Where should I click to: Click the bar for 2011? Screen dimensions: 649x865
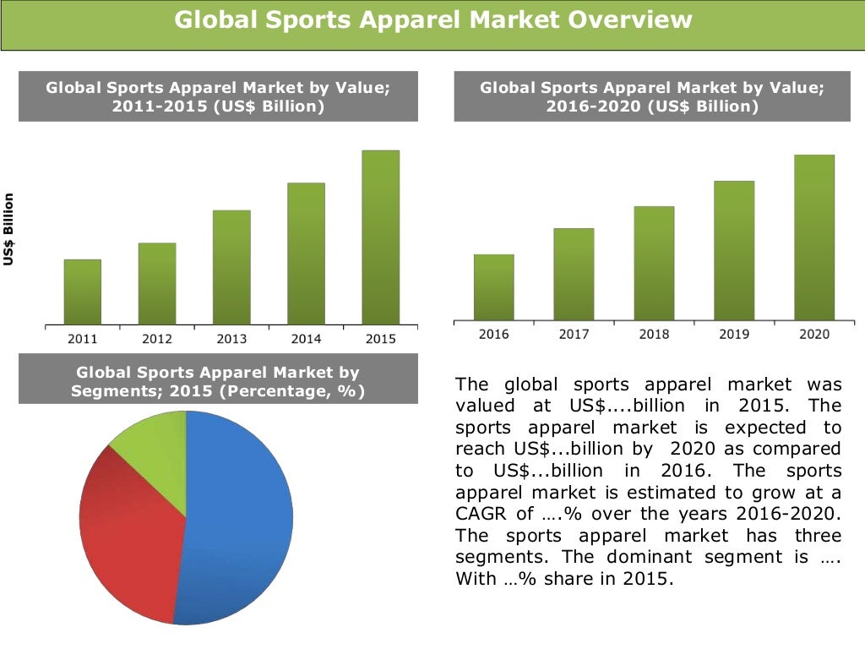point(83,292)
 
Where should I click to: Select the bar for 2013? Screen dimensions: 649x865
point(231,267)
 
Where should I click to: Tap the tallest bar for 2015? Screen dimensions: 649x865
point(380,237)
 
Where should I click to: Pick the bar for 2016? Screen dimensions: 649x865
point(493,287)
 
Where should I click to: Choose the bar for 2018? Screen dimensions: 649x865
point(654,263)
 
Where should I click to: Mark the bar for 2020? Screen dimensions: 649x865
point(814,237)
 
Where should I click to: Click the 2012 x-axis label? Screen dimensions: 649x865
point(157,339)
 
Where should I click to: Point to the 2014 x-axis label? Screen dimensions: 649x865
point(306,339)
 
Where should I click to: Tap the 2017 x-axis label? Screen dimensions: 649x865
point(574,335)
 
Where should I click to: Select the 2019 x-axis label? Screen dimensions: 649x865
point(734,335)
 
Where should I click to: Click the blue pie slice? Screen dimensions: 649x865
point(241,524)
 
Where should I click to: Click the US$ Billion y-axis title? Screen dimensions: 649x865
point(8,230)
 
